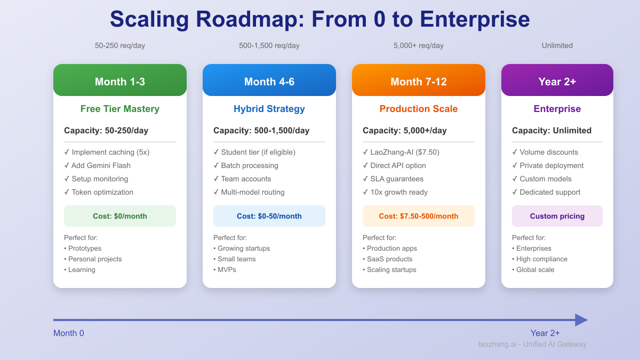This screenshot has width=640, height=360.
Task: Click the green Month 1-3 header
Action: pos(120,81)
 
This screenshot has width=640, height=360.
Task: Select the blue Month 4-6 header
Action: pos(269,81)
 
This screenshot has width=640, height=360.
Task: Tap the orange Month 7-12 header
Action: pos(419,81)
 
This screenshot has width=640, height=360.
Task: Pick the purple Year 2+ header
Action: pos(557,81)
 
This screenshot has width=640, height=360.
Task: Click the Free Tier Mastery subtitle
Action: pos(120,109)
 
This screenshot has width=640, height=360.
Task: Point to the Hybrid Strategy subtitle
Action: pos(269,109)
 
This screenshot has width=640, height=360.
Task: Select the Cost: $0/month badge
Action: pos(120,216)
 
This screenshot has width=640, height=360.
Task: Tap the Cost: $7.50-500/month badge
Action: pos(419,216)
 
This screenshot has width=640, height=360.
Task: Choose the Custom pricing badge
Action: pos(557,216)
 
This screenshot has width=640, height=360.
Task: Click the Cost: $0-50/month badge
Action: pos(269,216)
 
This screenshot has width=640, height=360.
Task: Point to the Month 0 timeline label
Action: pos(69,333)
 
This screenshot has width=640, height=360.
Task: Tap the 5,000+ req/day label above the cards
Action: pos(419,46)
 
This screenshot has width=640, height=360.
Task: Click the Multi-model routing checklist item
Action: pos(249,192)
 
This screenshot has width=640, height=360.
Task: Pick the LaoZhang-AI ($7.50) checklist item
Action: pos(401,152)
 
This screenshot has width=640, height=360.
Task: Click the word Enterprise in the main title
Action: pos(475,20)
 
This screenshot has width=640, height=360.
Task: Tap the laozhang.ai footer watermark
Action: pos(532,345)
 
